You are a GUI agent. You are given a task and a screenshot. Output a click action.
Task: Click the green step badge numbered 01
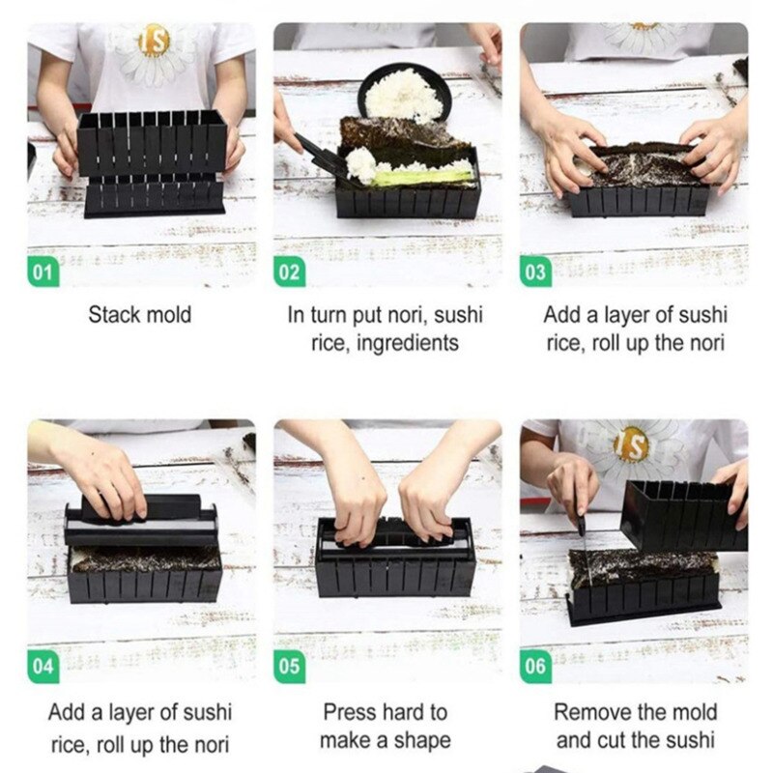42,272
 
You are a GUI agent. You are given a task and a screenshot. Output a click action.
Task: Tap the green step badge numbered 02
290,272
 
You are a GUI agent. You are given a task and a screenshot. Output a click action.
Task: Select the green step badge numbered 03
536,272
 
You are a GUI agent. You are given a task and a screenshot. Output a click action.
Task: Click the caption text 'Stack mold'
140,315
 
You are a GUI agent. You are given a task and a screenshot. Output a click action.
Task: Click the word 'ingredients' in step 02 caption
405,343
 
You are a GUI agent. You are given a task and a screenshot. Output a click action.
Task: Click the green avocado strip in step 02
425,178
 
